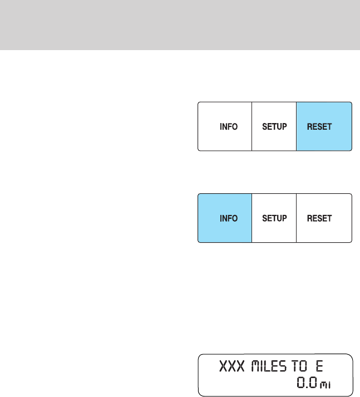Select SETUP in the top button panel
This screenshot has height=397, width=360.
(274, 126)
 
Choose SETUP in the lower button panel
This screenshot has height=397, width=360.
(274, 218)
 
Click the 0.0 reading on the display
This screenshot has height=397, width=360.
(305, 383)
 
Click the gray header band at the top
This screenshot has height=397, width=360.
(180, 24)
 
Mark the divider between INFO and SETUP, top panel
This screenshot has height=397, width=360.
(252, 126)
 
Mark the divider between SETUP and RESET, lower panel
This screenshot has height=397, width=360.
(297, 218)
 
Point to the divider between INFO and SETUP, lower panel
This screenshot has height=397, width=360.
(252, 218)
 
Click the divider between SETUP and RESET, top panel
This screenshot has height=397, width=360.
(297, 126)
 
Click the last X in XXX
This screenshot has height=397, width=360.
(241, 367)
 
